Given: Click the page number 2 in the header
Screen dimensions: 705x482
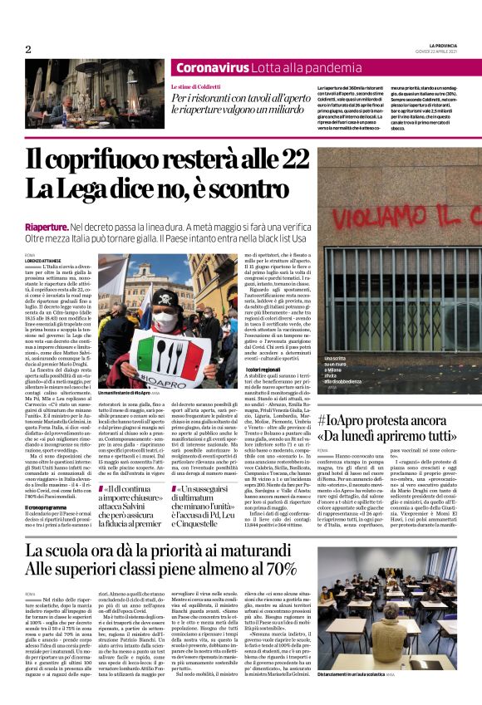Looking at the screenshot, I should [x=28, y=50].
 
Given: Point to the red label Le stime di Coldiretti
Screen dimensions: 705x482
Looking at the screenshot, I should [x=197, y=86].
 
